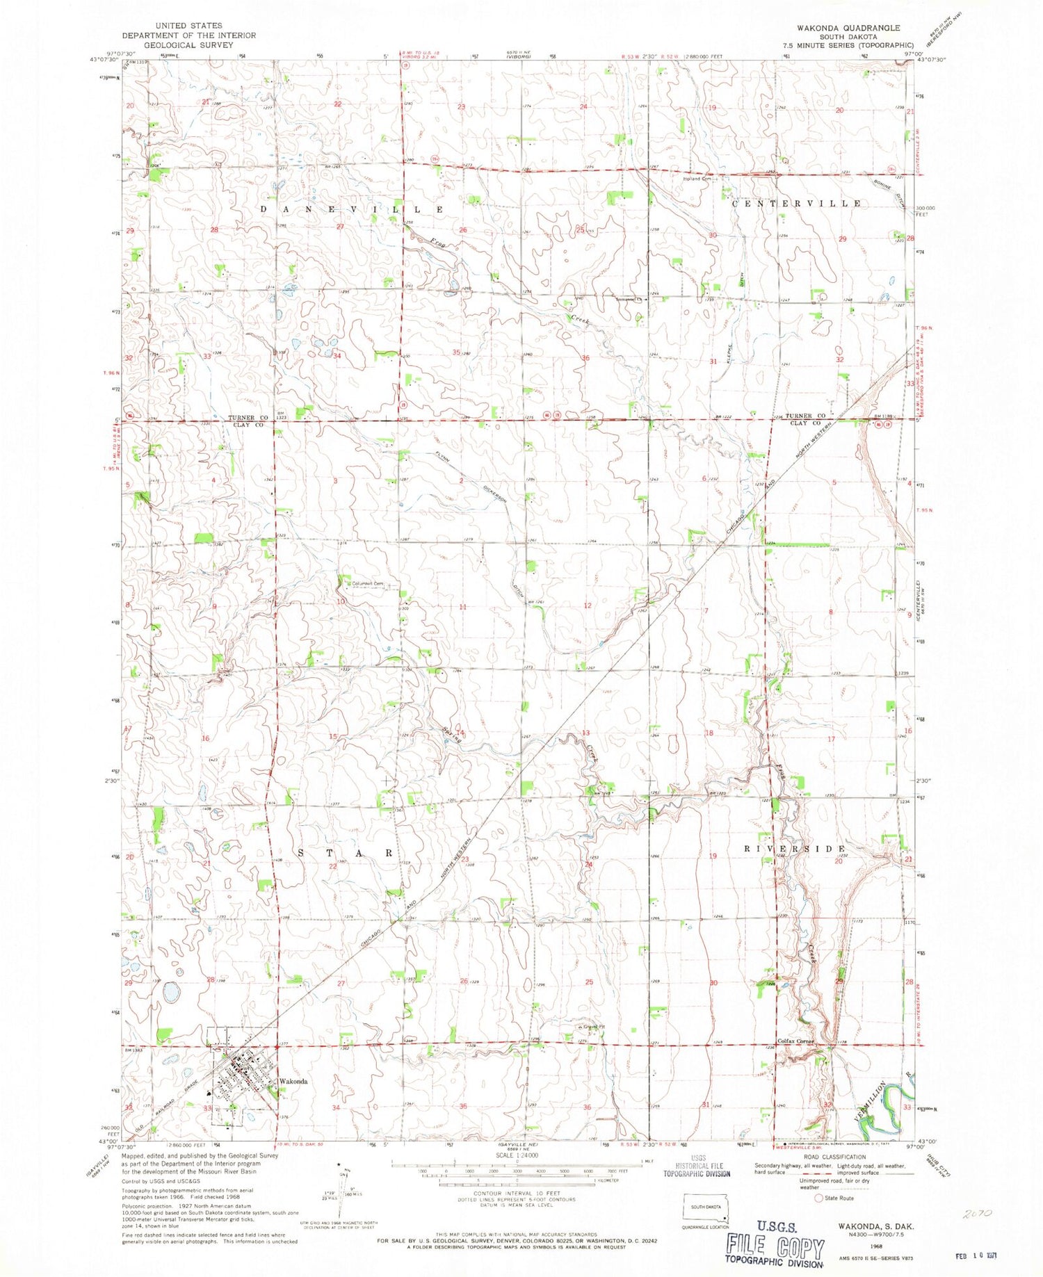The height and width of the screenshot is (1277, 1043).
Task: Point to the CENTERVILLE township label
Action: point(798,203)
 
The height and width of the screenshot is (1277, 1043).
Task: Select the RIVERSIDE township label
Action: point(795,849)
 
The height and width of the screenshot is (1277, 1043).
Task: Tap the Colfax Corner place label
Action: point(795,1041)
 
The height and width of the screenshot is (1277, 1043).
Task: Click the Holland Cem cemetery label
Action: point(698,179)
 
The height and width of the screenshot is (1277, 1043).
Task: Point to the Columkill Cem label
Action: point(368,583)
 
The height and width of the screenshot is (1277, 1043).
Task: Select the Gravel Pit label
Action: point(590,1027)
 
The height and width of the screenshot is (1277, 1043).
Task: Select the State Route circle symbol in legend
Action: point(820,1198)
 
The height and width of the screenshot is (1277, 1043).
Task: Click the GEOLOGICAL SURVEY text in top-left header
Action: point(188,44)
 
